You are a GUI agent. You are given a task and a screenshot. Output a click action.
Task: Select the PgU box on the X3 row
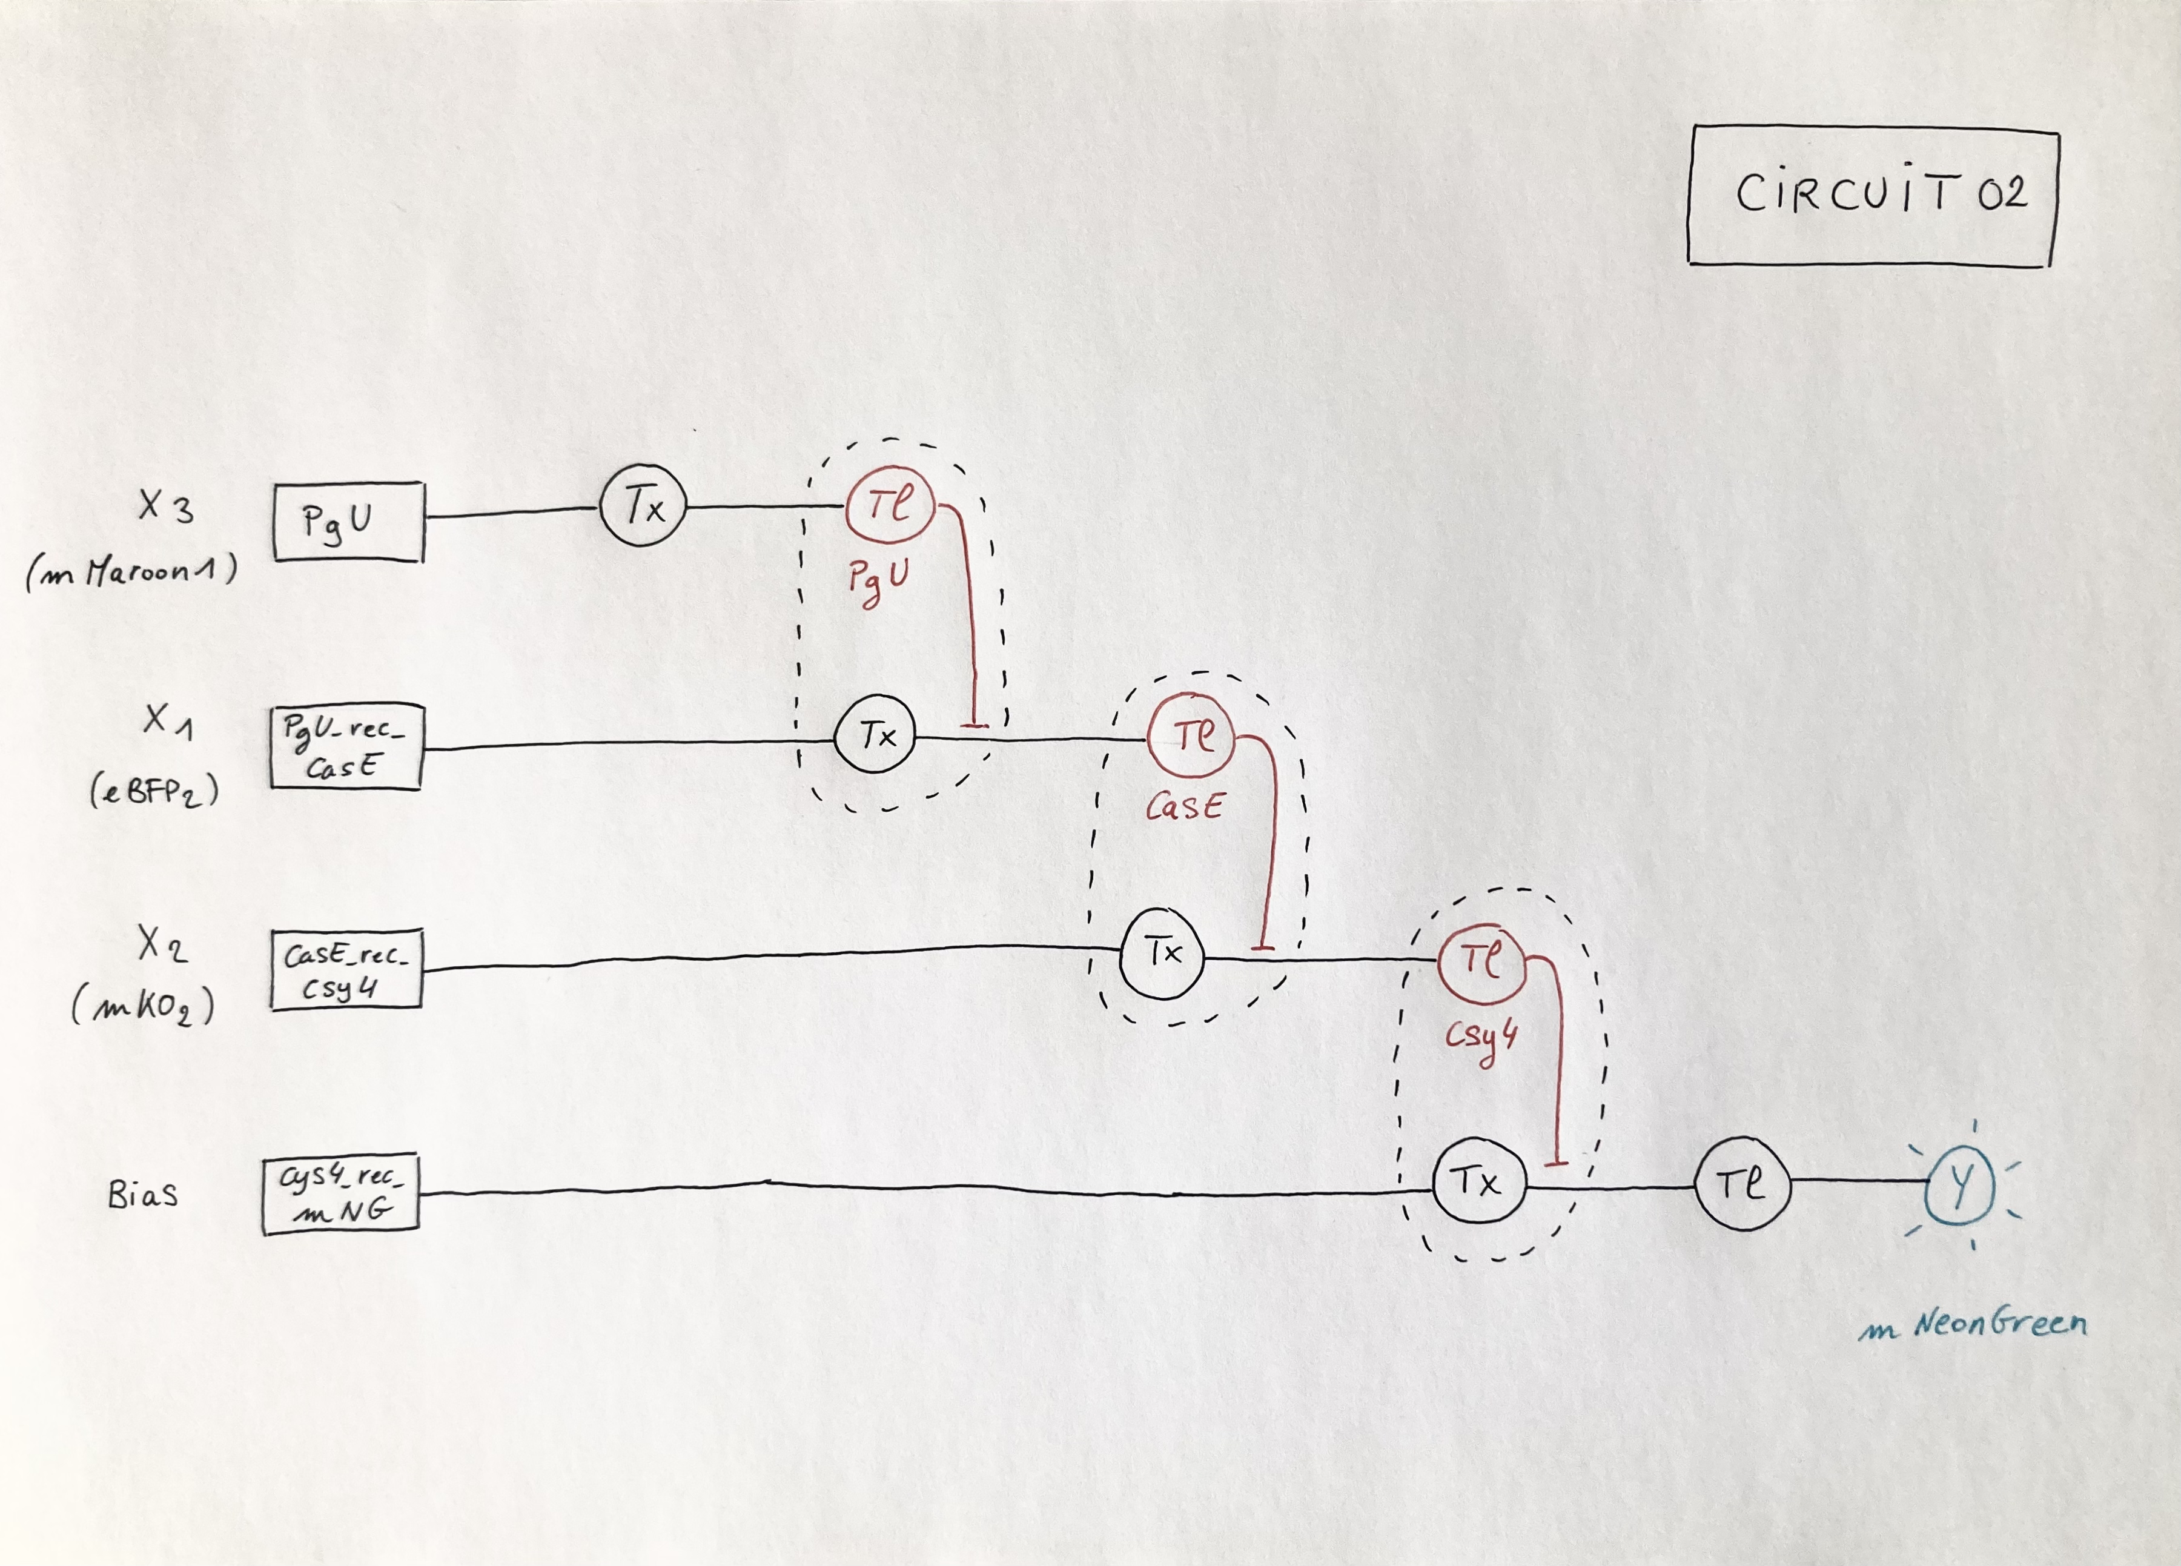click(348, 522)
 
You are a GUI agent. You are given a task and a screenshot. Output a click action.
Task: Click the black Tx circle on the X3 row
click(643, 506)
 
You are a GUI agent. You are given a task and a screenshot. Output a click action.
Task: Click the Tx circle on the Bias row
click(1478, 1182)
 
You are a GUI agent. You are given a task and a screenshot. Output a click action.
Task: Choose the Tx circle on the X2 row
click(1163, 954)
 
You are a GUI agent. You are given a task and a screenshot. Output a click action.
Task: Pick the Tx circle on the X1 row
click(875, 737)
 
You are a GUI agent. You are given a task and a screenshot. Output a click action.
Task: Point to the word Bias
click(142, 1195)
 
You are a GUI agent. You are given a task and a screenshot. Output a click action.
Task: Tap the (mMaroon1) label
click(132, 573)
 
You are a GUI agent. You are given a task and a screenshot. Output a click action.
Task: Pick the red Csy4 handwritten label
click(1481, 1039)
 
